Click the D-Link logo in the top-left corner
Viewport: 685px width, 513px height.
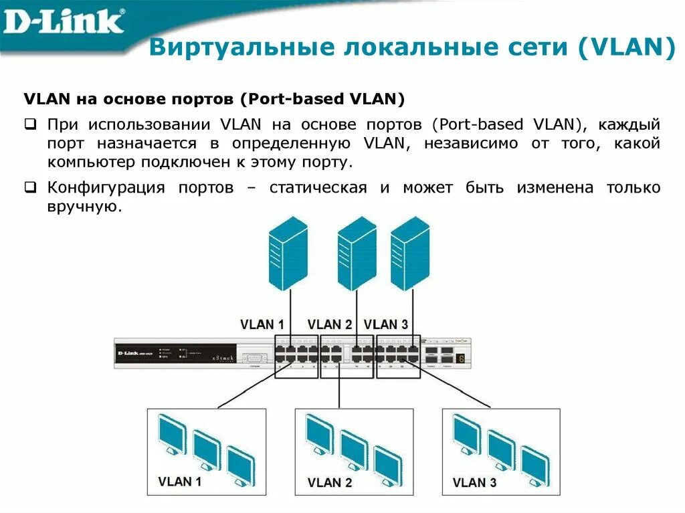[x=64, y=21]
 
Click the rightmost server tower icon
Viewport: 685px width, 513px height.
[x=409, y=254]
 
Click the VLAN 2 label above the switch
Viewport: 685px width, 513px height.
[x=329, y=324]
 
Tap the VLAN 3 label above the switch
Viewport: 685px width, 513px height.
[x=385, y=324]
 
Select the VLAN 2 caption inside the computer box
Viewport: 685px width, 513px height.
[x=330, y=482]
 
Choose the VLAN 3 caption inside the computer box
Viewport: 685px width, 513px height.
[x=474, y=482]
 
